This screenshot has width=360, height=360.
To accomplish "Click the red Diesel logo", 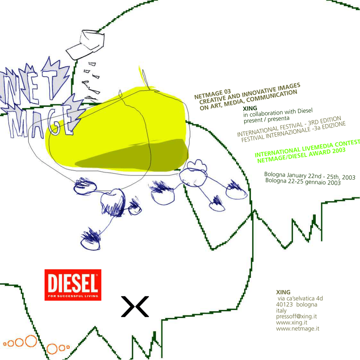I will [x=73, y=285].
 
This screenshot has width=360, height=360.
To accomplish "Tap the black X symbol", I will [x=135, y=307].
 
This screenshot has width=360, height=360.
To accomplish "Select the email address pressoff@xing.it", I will [x=296, y=316].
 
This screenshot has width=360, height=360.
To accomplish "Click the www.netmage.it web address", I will [x=297, y=329].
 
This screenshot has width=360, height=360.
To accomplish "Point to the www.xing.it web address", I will [x=292, y=322].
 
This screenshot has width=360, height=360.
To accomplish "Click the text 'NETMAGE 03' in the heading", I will [x=212, y=94].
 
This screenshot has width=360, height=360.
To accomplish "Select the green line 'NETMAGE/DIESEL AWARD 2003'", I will [x=301, y=154].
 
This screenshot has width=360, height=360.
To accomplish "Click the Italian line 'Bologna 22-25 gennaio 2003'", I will [x=303, y=182].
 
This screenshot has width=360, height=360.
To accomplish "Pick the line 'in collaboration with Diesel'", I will [x=278, y=113].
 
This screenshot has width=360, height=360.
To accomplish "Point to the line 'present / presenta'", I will [x=266, y=119].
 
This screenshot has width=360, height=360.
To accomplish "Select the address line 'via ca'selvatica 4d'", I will [x=300, y=298].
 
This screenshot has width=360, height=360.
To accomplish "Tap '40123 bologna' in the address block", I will [x=297, y=304].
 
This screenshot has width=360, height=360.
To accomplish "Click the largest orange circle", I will [x=31, y=341].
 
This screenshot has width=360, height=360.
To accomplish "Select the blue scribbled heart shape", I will [x=112, y=200].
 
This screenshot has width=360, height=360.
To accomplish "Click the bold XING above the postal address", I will [x=283, y=292].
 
